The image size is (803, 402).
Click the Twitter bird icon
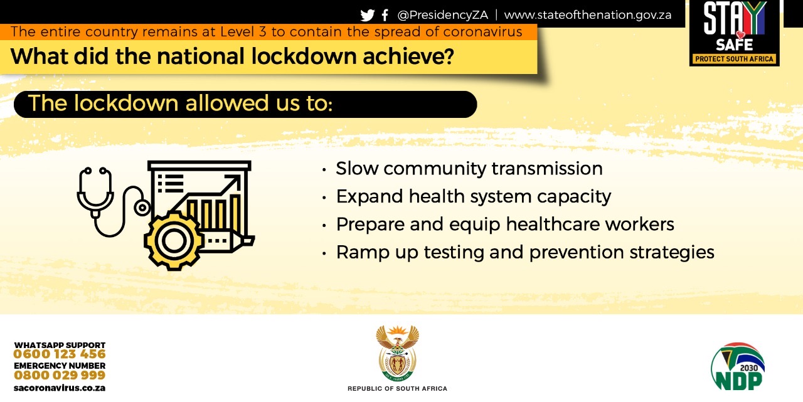coord(368,15)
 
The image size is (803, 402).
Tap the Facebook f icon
coord(385,15)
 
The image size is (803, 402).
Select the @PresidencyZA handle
coord(442,15)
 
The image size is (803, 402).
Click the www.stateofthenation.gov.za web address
coord(588,15)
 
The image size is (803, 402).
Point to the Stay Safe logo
coord(734,33)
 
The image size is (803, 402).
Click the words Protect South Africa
coord(734,59)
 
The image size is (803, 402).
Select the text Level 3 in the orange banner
coord(243,32)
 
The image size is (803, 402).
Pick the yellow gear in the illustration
coord(174,241)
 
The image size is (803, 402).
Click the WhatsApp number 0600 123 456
coord(60,354)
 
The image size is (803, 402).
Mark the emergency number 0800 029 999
coord(60,375)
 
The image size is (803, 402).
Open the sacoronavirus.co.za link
coord(60,388)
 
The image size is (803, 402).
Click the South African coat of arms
coord(397,353)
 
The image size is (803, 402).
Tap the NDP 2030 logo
coord(737,366)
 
